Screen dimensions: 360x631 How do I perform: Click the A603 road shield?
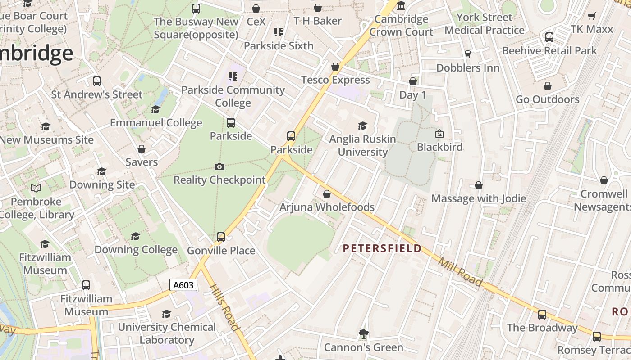coord(183,285)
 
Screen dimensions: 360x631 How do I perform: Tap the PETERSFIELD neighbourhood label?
coord(382,248)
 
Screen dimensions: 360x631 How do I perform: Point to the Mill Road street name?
coord(460,272)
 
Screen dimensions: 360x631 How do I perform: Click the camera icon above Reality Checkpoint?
coord(219,167)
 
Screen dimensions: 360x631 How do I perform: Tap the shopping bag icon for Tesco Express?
coord(335,67)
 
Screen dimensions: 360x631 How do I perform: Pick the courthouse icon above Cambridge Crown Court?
coord(401,6)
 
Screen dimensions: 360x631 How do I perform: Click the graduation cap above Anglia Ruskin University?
coord(362,126)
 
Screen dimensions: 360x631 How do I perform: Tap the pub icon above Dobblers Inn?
coord(467,54)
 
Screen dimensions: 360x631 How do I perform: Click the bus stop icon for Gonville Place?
coord(221,237)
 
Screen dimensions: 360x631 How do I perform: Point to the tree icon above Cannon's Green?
coord(363,334)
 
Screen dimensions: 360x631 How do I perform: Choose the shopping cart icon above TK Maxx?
coord(591,16)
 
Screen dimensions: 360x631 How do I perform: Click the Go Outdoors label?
coord(547,99)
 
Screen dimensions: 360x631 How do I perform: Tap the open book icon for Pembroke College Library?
coord(36,188)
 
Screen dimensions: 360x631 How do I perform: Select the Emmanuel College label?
coord(156,123)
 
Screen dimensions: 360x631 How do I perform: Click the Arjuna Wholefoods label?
coord(327,207)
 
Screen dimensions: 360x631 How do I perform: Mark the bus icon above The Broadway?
coord(542,314)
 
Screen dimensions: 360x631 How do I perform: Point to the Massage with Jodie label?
coord(479,198)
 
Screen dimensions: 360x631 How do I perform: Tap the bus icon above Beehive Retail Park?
coord(549,37)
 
